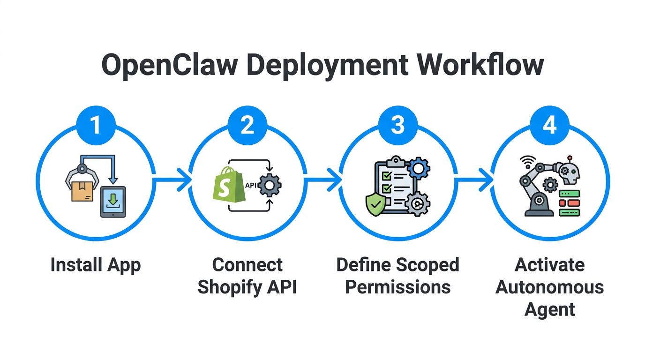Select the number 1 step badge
95,126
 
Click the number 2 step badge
247,126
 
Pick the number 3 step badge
398,126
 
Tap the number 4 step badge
549,126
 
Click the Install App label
95,265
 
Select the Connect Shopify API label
247,276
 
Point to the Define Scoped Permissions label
398,276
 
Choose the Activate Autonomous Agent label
549,287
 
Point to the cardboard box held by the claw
82,190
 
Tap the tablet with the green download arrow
113,202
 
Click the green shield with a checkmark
375,204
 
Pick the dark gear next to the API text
270,185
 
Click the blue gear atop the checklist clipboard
418,168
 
